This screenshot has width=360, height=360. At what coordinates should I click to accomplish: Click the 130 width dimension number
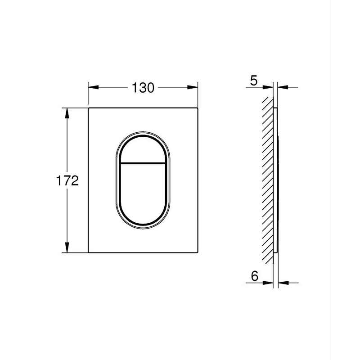(143, 88)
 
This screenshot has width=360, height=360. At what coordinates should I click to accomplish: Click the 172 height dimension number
(67, 180)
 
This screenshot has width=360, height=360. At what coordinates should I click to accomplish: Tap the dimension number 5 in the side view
(254, 81)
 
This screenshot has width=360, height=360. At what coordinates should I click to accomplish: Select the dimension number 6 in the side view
(255, 276)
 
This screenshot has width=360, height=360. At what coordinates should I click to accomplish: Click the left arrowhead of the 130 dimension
(94, 87)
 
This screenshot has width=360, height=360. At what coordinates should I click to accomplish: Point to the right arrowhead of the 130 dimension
(193, 87)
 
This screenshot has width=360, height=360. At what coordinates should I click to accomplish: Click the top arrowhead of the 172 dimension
(67, 113)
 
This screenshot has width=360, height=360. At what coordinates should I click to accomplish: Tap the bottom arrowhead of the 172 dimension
(67, 247)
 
